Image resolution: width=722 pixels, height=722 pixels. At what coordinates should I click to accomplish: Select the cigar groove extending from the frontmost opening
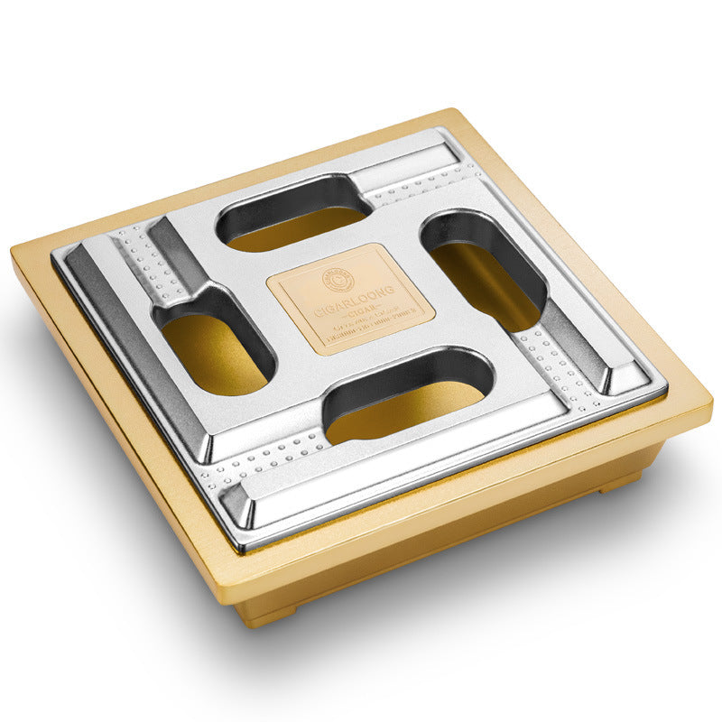coord(271,460)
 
